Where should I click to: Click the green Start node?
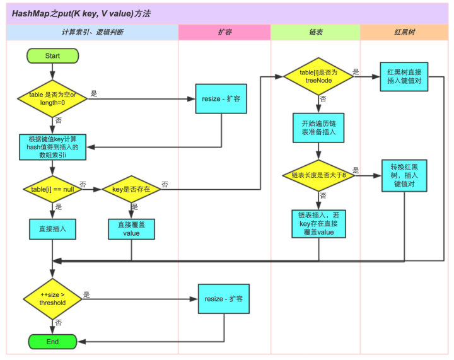[x=52, y=56]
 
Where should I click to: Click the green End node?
[x=52, y=342]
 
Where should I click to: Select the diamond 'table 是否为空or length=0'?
[x=52, y=99]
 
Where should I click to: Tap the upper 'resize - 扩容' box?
[x=220, y=100]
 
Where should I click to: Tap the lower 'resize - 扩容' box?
[x=224, y=298]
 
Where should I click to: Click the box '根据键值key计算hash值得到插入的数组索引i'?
[x=52, y=147]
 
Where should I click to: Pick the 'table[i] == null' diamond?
[x=52, y=189]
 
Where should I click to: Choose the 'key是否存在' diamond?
[x=131, y=189]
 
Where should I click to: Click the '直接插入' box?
[x=52, y=228]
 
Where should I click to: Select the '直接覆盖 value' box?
[x=131, y=228]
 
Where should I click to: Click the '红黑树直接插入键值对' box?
[x=404, y=77]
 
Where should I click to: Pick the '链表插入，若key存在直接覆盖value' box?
[x=318, y=224]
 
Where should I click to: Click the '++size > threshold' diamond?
[x=52, y=298]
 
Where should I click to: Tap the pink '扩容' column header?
[x=224, y=32]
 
